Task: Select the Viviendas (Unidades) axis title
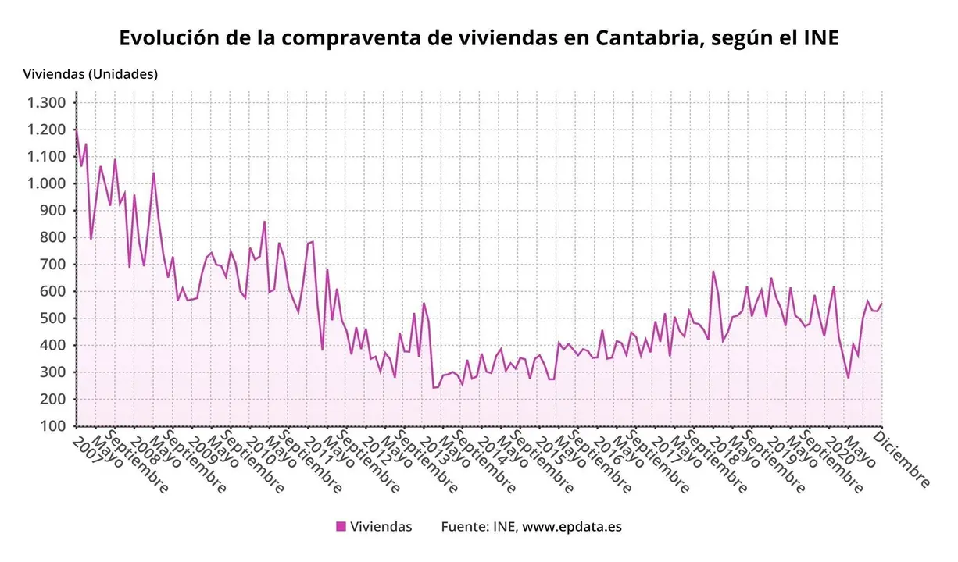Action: tap(91, 74)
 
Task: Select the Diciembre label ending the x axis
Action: tap(905, 459)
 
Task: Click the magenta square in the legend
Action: tap(341, 527)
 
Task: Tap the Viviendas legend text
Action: tap(381, 527)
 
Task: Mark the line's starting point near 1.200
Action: tap(76, 130)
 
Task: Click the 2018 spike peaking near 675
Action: tap(713, 272)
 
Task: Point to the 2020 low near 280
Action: tap(848, 378)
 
